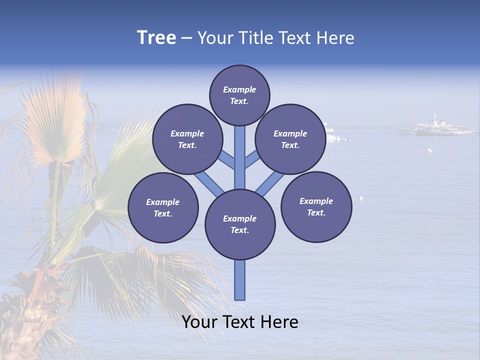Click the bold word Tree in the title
(x=156, y=38)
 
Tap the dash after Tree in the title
(x=186, y=38)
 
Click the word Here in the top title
(x=337, y=38)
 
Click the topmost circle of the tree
(x=239, y=95)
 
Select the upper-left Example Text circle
(x=187, y=139)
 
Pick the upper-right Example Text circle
(x=290, y=139)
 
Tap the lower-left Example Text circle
(x=163, y=207)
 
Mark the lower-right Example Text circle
(x=316, y=206)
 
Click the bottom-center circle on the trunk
(x=240, y=224)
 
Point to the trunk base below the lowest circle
(x=240, y=280)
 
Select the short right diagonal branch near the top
(x=252, y=159)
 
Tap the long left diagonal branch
(x=209, y=183)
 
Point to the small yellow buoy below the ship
(x=429, y=150)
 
